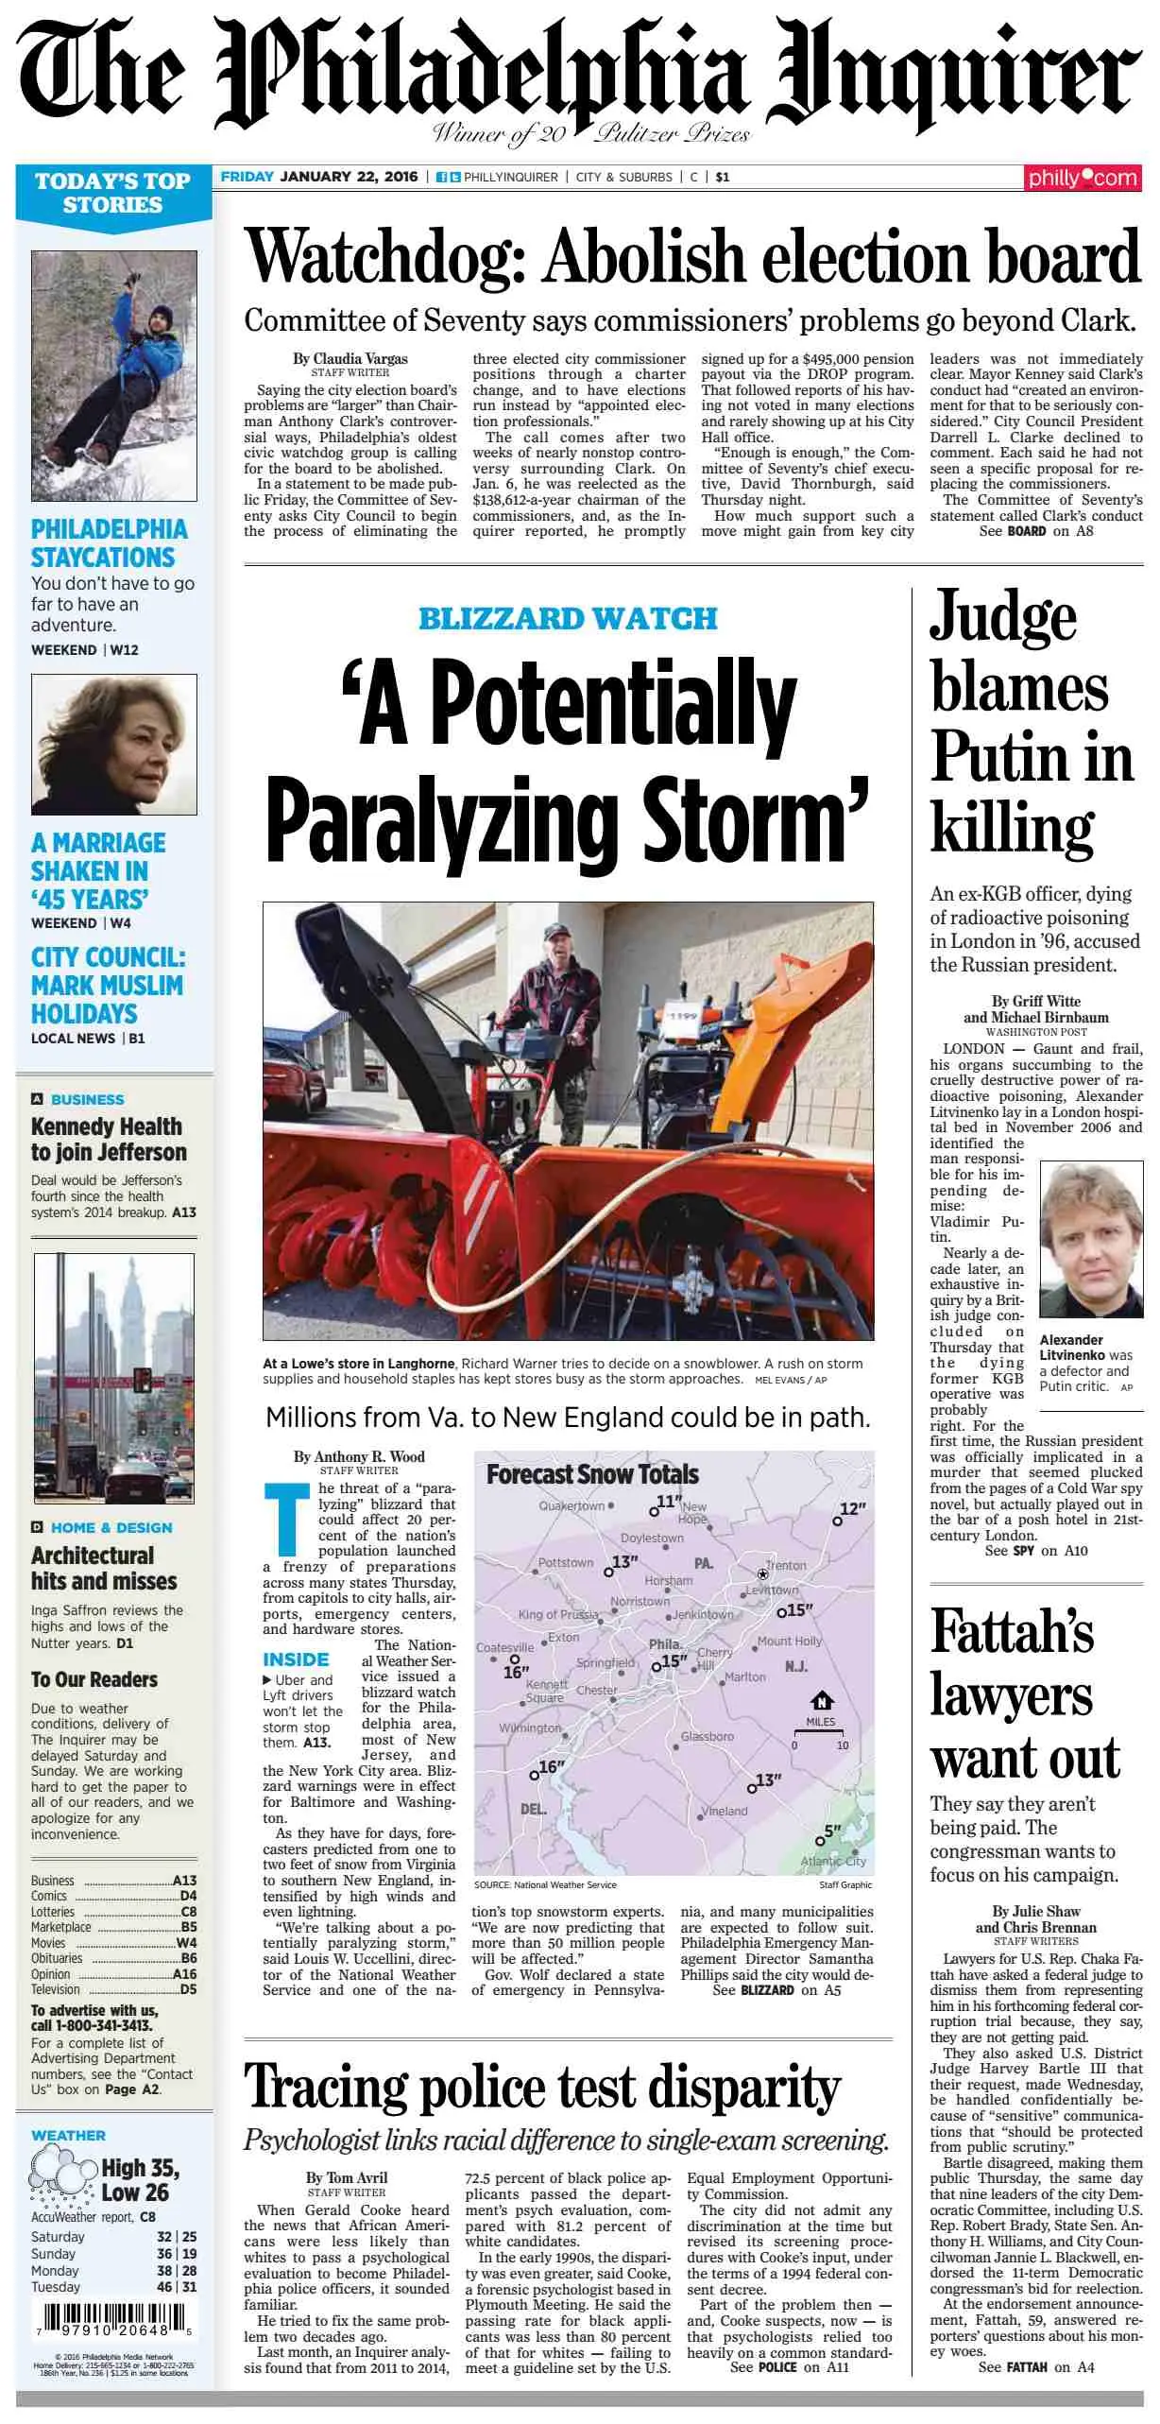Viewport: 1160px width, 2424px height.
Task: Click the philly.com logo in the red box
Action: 1083,178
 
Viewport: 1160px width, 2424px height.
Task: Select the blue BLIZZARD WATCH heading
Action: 568,619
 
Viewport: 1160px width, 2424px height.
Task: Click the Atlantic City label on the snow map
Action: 832,1861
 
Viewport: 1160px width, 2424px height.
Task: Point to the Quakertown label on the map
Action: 571,1506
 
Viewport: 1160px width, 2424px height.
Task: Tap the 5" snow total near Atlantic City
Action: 830,1832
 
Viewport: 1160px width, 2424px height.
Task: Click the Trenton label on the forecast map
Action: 786,1566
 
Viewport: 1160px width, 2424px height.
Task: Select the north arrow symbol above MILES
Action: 821,1701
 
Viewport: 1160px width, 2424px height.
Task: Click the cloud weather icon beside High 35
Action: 62,2178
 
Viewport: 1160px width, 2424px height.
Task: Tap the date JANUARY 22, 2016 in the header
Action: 349,177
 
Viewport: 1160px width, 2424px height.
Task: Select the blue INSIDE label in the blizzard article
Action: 296,1659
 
